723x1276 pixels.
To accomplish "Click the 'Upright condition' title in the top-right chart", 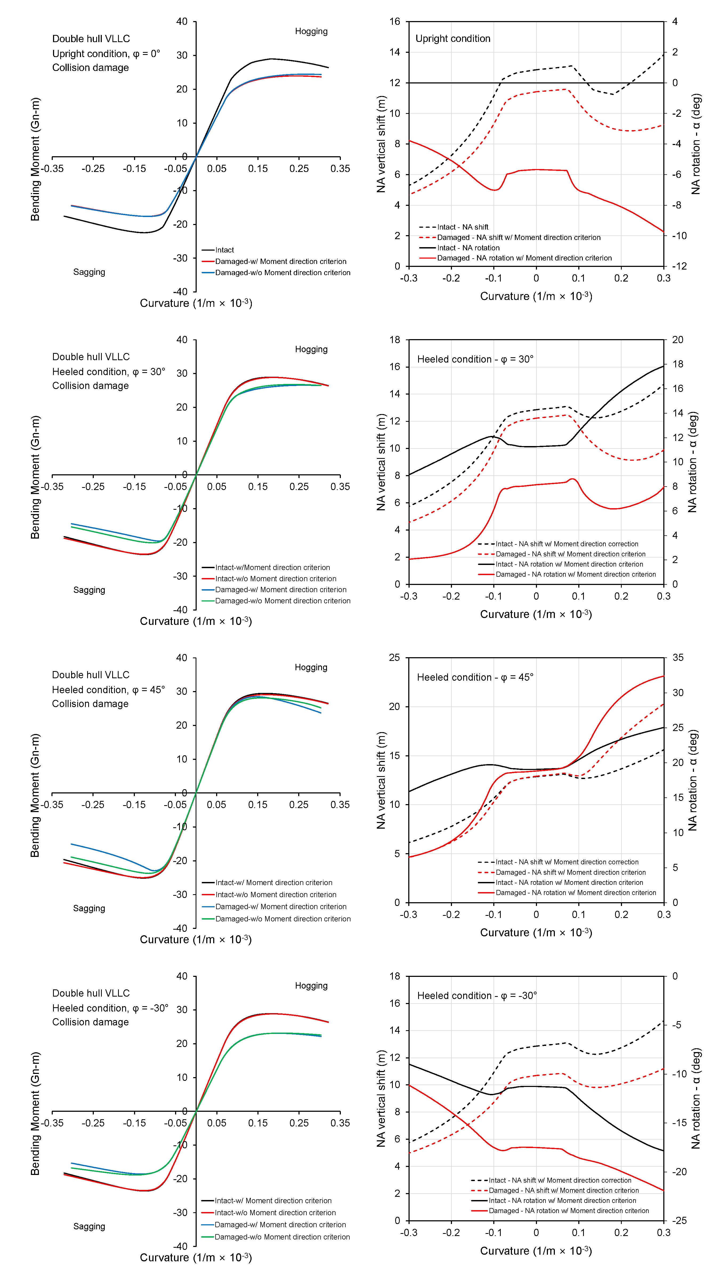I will click(452, 39).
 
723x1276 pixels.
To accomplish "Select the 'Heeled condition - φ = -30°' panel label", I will click(477, 995).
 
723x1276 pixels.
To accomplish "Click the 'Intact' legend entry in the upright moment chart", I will click(224, 250).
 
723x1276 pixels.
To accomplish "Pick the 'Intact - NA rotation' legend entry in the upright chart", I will click(468, 248).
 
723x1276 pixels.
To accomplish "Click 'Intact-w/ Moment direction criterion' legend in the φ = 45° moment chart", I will click(274, 883).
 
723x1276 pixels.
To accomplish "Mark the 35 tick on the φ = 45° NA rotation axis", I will click(678, 658).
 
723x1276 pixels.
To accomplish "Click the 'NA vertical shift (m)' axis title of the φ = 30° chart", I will click(381, 462).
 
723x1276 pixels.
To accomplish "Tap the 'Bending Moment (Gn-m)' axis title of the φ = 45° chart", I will click(35, 795).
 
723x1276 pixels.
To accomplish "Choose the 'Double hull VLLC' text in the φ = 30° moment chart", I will click(91, 357).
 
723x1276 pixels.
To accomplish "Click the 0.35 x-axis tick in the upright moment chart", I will click(340, 168).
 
